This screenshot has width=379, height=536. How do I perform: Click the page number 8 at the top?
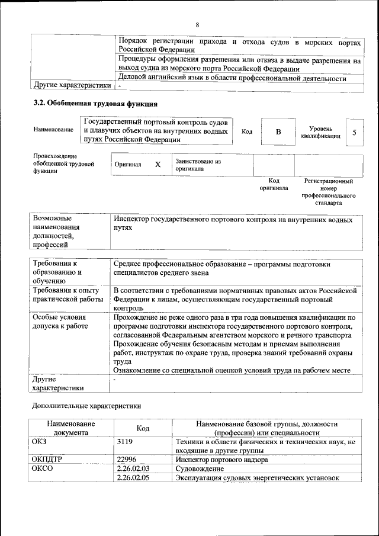(x=197, y=25)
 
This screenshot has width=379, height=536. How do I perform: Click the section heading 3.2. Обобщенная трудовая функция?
(x=95, y=104)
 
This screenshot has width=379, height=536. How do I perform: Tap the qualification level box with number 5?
(x=354, y=132)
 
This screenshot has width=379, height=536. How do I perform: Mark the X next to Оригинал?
(x=158, y=164)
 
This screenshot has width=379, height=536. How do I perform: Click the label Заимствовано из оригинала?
(x=198, y=164)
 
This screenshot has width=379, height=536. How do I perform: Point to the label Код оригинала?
(x=274, y=184)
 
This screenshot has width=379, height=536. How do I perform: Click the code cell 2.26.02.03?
(x=133, y=468)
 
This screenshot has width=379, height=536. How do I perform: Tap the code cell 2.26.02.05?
(x=133, y=479)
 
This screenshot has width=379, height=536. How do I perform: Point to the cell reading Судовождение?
(x=199, y=468)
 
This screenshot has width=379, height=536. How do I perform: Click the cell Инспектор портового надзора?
(x=221, y=459)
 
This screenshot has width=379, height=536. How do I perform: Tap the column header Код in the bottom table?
(x=143, y=428)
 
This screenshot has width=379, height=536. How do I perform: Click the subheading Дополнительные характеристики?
(x=86, y=406)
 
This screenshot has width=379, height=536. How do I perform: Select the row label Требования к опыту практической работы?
(x=68, y=295)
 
